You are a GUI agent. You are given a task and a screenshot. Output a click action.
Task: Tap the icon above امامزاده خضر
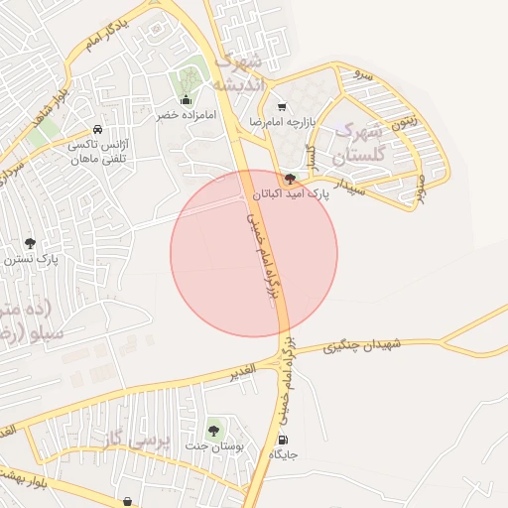point(186,99)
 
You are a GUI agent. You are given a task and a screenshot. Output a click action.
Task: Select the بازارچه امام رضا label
point(282,121)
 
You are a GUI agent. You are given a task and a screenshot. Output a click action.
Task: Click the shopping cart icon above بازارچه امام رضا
point(282,106)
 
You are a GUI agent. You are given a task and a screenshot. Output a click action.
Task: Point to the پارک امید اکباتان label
point(290,193)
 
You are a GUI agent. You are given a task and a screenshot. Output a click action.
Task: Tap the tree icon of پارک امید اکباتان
point(290,179)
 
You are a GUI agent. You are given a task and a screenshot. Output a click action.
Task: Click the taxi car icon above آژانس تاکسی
point(97,130)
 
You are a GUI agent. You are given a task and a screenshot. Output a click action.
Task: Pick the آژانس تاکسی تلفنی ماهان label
point(99,152)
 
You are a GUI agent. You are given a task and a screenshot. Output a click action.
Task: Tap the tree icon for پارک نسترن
point(30,243)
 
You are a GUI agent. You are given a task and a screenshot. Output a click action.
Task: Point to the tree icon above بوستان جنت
point(212,429)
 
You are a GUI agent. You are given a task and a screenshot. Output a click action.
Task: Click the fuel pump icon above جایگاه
point(286,440)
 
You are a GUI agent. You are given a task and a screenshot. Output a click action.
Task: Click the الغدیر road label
point(239,368)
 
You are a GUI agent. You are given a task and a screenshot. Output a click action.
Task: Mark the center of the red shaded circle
point(254,253)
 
